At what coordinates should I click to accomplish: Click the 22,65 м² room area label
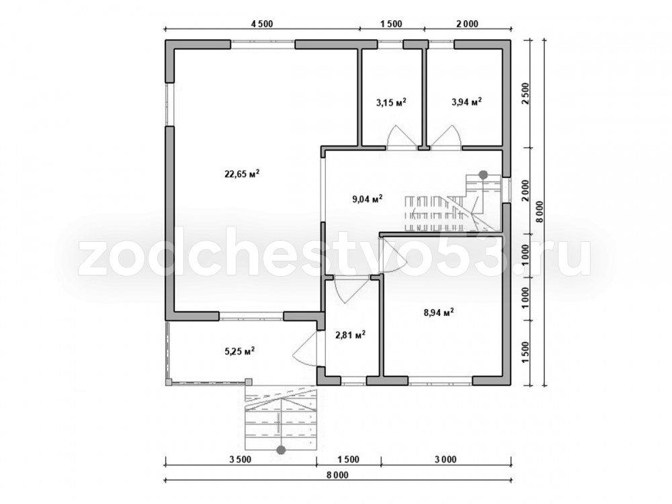pos(242,173)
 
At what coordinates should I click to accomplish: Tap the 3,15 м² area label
pos(391,102)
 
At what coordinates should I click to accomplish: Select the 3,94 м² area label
pos(466,101)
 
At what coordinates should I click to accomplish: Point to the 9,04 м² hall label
pos(368,199)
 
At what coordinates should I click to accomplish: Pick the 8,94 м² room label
pos(439,312)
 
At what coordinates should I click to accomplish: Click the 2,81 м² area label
pos(350,334)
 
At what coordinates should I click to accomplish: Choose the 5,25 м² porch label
pos(240,351)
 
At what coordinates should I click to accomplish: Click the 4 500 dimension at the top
pos(262,24)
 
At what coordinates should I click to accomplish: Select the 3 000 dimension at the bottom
pos(446,460)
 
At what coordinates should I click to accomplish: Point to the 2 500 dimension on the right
pos(526,94)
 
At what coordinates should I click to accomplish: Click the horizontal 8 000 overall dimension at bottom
pos(337,475)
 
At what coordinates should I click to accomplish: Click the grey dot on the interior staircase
pos(483,175)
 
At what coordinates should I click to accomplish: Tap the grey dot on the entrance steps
pos(281,450)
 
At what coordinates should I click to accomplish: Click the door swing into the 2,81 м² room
pos(346,290)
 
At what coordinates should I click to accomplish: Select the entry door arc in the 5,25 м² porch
pos(305,349)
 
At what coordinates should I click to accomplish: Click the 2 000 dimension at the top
pos(467,24)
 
